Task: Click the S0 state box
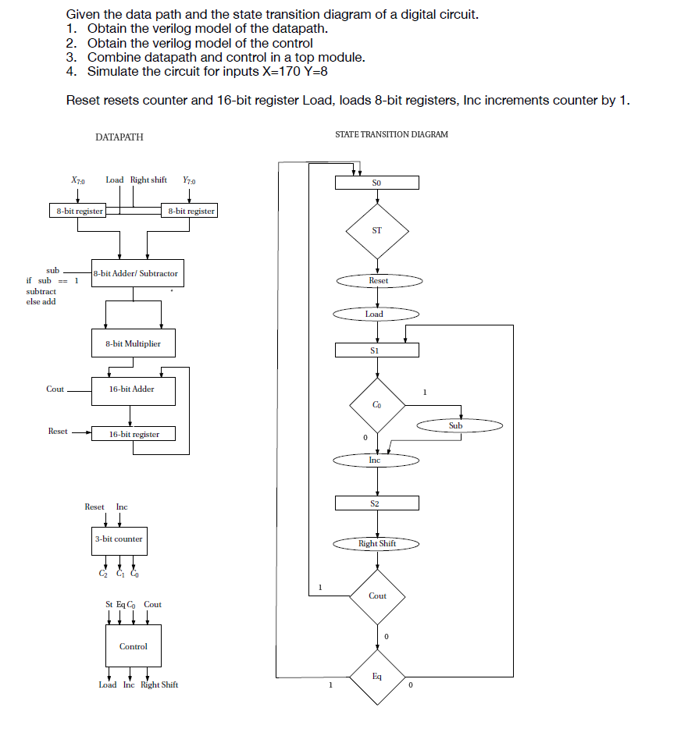pyautogui.click(x=377, y=183)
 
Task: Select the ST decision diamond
pyautogui.click(x=377, y=230)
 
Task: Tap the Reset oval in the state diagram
pyautogui.click(x=379, y=280)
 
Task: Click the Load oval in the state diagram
pyautogui.click(x=376, y=314)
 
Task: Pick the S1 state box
pyautogui.click(x=377, y=350)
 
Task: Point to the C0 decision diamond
pyautogui.click(x=377, y=405)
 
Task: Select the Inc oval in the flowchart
pyautogui.click(x=376, y=460)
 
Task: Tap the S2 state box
pyautogui.click(x=377, y=503)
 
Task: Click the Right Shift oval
pyautogui.click(x=377, y=543)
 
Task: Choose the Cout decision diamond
pyautogui.click(x=377, y=596)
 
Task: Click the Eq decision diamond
pyautogui.click(x=377, y=677)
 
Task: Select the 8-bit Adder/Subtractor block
pyautogui.click(x=135, y=274)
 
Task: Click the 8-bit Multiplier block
pyautogui.click(x=133, y=343)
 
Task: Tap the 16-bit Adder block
pyautogui.click(x=133, y=389)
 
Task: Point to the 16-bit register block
pyautogui.click(x=133, y=434)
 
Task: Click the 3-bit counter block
pyautogui.click(x=118, y=539)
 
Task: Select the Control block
pyautogui.click(x=134, y=646)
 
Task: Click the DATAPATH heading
pyautogui.click(x=119, y=137)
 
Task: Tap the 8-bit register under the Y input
pyautogui.click(x=189, y=211)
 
